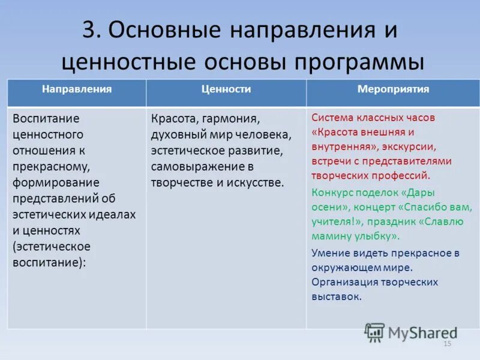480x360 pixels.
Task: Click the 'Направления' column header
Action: coord(76,89)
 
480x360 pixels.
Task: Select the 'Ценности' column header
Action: coord(226,89)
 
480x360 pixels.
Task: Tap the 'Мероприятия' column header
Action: coord(393,89)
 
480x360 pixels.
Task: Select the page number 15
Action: coord(446,344)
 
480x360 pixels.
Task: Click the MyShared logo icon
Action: coord(374,332)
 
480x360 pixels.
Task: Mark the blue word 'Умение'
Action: coord(331,253)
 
